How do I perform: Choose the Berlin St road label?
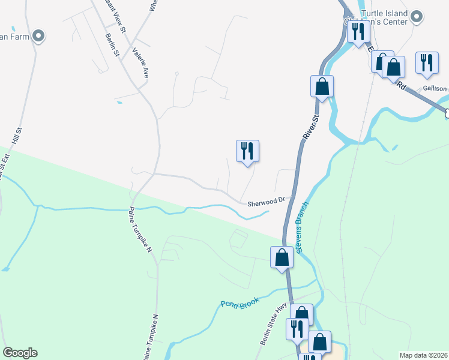coord(113,45)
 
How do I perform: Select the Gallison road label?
coord(435,88)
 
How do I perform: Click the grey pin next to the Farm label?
coord(40,36)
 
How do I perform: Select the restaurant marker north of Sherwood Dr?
coord(247,151)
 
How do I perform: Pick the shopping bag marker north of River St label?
coord(322,86)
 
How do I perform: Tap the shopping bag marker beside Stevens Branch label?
coord(282,258)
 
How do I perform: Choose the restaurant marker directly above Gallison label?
coord(427,63)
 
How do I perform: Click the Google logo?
coord(20,353)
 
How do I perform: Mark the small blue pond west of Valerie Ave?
coord(119,103)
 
